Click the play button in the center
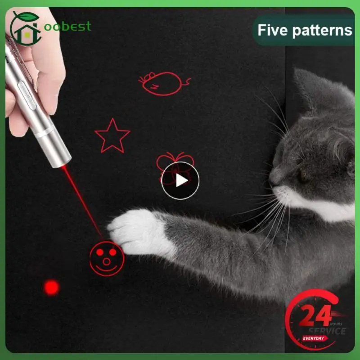[180, 180]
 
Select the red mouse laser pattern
[162, 84]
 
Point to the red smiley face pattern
[106, 257]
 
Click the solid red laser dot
[51, 287]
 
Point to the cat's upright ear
[310, 90]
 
